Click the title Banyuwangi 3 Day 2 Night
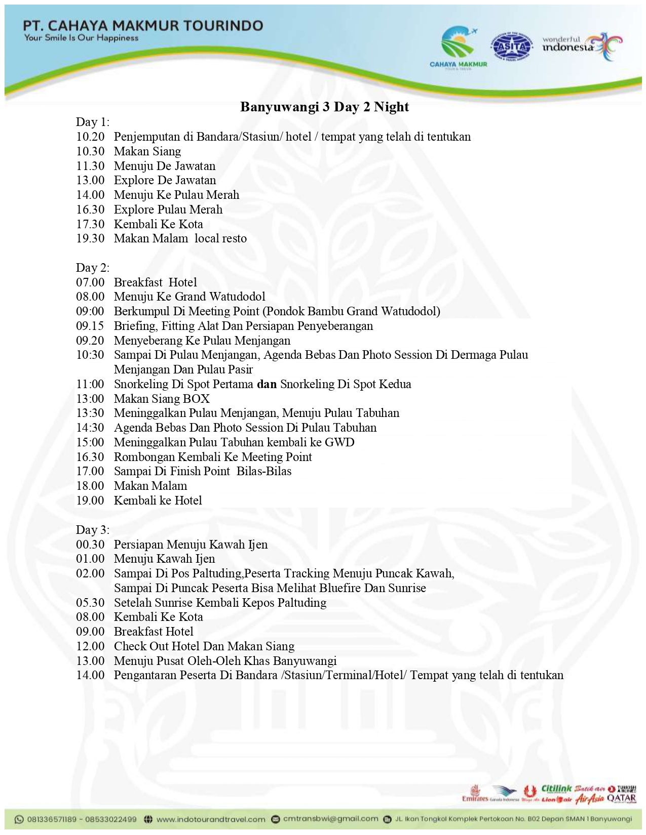click(x=324, y=107)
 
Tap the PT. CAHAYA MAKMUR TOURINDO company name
click(x=143, y=25)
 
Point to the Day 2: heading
click(x=93, y=268)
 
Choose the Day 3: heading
click(x=93, y=530)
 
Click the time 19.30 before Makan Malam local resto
click(x=90, y=238)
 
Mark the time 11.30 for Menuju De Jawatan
click(x=90, y=166)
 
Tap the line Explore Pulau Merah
click(x=168, y=210)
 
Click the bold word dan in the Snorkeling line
click(x=267, y=384)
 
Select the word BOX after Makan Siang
click(x=196, y=399)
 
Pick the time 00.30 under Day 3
click(x=90, y=545)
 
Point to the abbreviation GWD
click(x=339, y=442)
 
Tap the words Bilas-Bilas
click(x=264, y=471)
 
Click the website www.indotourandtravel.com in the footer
click(x=211, y=819)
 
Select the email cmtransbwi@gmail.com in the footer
click(x=330, y=819)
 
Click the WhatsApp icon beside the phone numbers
click(x=19, y=819)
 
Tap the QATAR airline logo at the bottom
click(x=621, y=798)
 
